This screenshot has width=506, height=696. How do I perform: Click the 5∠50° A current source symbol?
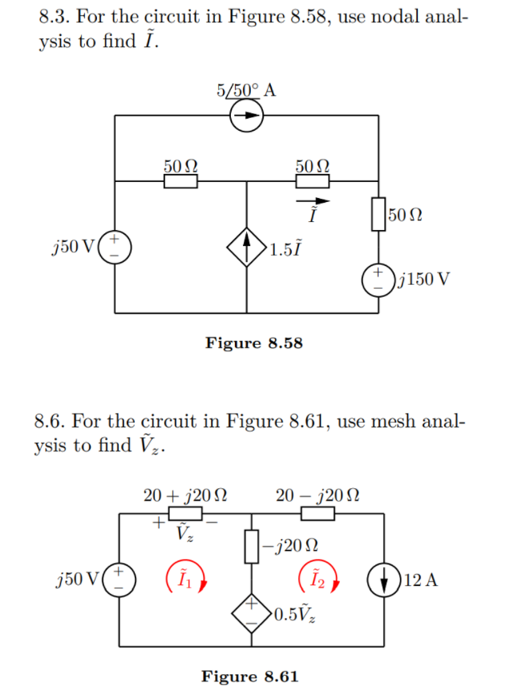(x=247, y=116)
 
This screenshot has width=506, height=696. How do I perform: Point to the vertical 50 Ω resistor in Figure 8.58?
(x=378, y=215)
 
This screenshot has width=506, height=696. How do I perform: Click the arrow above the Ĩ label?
(x=312, y=200)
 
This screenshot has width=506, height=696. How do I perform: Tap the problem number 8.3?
(x=53, y=16)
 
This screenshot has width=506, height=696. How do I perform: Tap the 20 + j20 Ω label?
(x=184, y=496)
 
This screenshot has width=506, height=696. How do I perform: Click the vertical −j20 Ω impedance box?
(x=252, y=547)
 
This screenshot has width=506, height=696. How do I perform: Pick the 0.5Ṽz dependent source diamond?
(x=252, y=614)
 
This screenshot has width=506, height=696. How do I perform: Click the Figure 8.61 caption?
(x=249, y=677)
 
